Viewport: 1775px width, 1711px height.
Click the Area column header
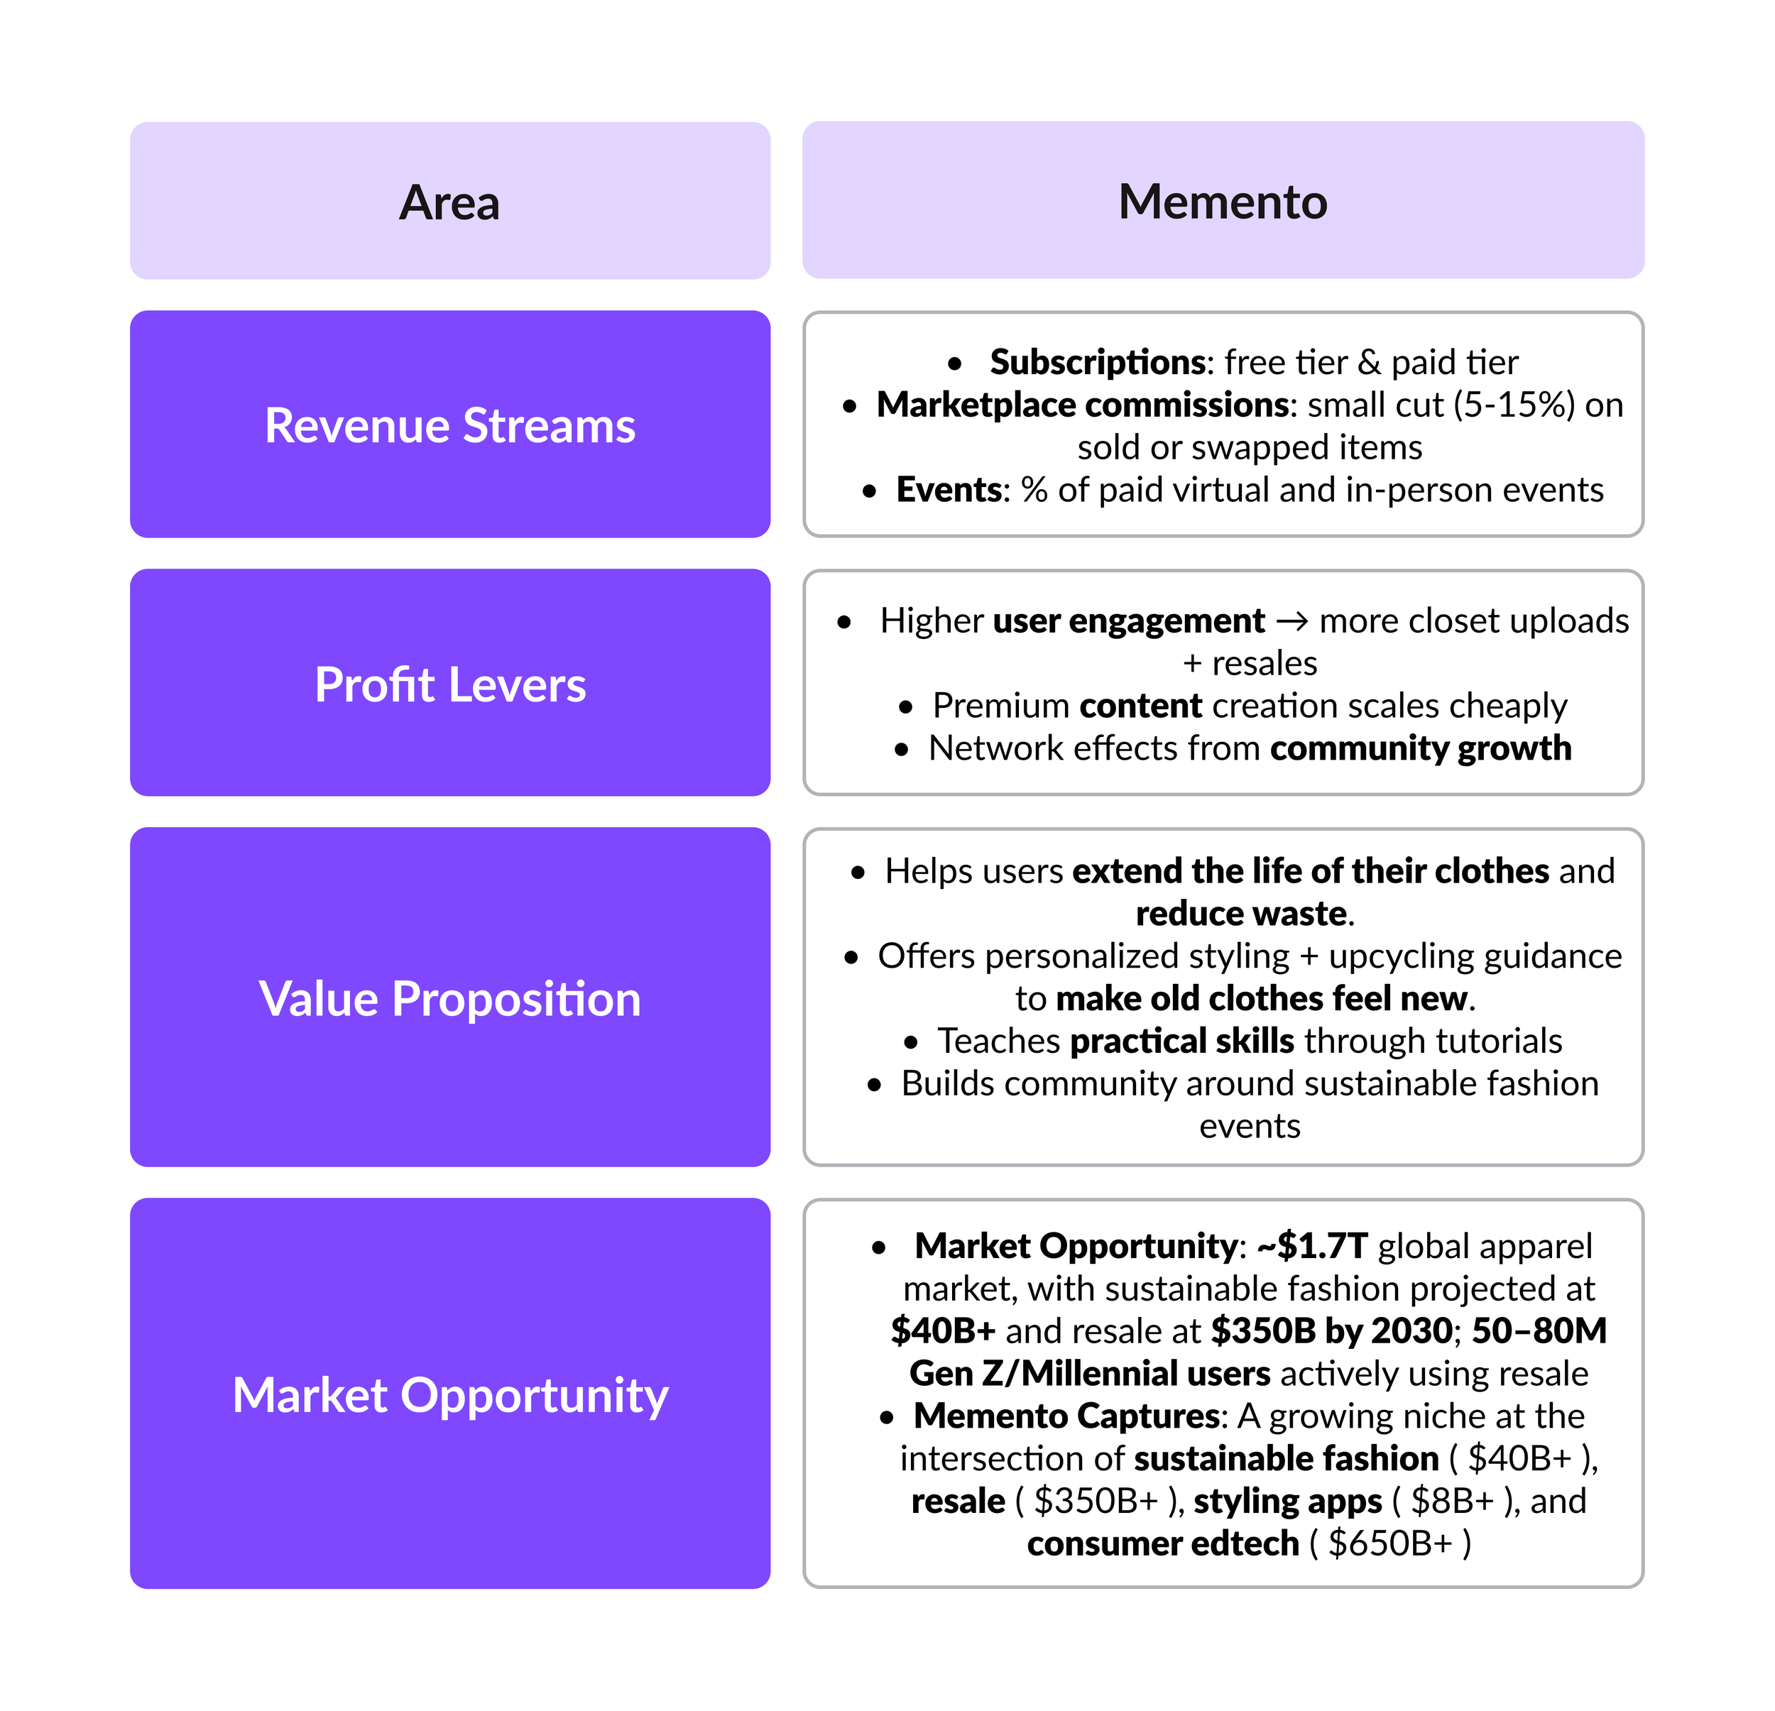click(x=449, y=202)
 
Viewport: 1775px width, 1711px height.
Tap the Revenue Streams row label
click(x=450, y=426)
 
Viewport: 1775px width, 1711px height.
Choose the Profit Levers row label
click(x=450, y=685)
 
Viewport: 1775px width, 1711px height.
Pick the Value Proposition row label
click(x=450, y=999)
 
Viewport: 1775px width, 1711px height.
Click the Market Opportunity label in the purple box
click(x=450, y=1395)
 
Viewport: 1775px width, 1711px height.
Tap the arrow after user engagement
click(x=1292, y=621)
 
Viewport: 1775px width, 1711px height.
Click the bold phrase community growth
click(x=1420, y=749)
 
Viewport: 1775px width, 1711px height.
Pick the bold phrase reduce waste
click(x=1240, y=914)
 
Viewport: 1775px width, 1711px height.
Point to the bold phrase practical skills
click(x=1182, y=1042)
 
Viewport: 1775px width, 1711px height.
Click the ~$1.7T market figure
click(x=1312, y=1247)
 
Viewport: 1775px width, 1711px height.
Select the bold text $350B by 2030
click(x=1332, y=1331)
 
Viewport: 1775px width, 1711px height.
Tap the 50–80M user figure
click(x=1539, y=1331)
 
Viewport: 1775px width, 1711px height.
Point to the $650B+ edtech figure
click(x=1390, y=1543)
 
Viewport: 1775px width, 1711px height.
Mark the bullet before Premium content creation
click(x=906, y=707)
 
